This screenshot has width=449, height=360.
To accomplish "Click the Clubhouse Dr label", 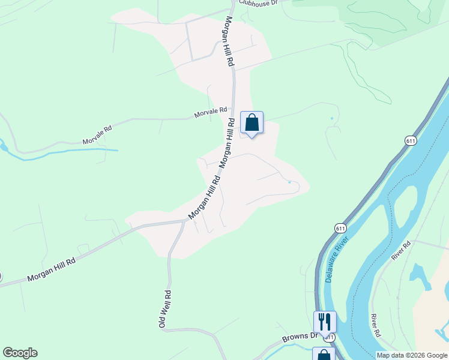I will [x=258, y=3].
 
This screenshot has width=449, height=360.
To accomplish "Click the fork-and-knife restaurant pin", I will [x=325, y=321].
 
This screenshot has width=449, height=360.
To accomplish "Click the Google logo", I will [x=20, y=353].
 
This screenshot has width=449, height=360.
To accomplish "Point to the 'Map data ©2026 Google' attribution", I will [x=412, y=355].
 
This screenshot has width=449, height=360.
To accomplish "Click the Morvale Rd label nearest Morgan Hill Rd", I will [x=210, y=112].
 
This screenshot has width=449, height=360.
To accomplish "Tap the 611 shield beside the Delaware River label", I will [x=340, y=229].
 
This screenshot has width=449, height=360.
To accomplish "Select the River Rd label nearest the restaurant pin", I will [x=376, y=325].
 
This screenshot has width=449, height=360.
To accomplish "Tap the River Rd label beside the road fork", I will [x=402, y=250].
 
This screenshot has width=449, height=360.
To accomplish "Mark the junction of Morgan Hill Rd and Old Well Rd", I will [x=184, y=221].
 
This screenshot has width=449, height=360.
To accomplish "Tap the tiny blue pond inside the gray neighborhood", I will [x=289, y=182].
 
